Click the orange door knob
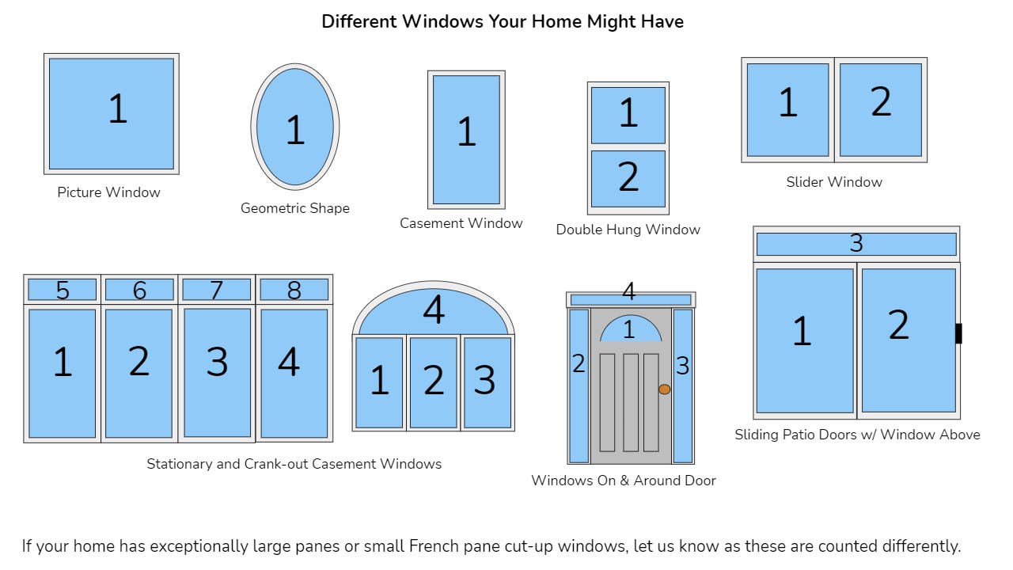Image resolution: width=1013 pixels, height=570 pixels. pyautogui.click(x=664, y=389)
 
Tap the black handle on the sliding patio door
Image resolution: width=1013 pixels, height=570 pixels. pyautogui.click(x=958, y=333)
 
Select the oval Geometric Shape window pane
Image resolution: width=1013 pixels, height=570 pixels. pyautogui.click(x=295, y=127)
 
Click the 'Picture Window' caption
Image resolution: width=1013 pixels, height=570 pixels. pyautogui.click(x=108, y=192)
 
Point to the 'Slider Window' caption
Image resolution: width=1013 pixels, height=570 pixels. pyautogui.click(x=834, y=182)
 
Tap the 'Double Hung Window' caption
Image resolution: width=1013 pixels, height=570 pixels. pyautogui.click(x=628, y=230)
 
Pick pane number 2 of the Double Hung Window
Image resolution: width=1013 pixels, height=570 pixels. pyautogui.click(x=628, y=179)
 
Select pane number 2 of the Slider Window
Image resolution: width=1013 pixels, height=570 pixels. pyautogui.click(x=881, y=110)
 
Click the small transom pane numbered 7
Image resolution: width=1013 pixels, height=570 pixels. pyautogui.click(x=217, y=290)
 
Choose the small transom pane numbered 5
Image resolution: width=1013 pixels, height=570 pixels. pyautogui.click(x=63, y=290)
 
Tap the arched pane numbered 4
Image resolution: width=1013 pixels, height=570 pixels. pyautogui.click(x=433, y=312)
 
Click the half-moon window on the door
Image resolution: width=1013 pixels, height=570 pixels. pyautogui.click(x=631, y=329)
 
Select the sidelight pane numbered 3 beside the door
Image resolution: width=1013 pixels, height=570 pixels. pyautogui.click(x=683, y=386)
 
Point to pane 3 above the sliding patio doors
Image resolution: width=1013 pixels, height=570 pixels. pyautogui.click(x=856, y=245)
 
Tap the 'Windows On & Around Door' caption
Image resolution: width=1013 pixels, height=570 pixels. pyautogui.click(x=624, y=481)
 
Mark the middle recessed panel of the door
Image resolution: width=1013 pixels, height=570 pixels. pyautogui.click(x=631, y=403)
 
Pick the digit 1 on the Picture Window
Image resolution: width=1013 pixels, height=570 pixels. pyautogui.click(x=118, y=108)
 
